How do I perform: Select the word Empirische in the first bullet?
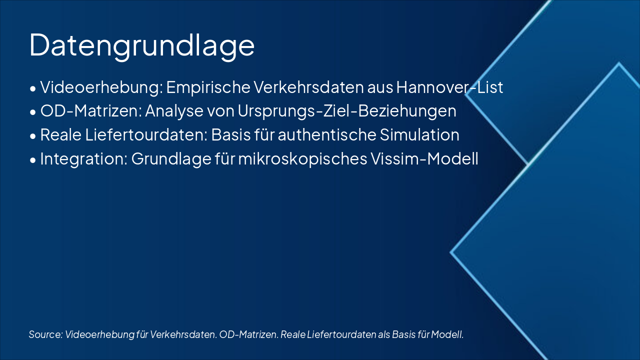click(208, 87)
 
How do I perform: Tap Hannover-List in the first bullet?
click(449, 87)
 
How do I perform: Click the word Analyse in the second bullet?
click(174, 111)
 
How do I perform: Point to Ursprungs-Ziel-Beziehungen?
click(347, 111)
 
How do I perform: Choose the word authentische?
click(326, 135)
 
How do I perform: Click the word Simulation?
click(419, 135)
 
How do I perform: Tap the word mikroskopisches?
click(302, 159)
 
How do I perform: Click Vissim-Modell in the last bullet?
click(424, 158)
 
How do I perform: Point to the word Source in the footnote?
click(45, 334)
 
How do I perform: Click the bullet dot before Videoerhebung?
click(33, 89)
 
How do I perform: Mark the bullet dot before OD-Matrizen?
click(33, 112)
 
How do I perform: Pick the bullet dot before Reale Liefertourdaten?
click(33, 136)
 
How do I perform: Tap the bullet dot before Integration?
click(33, 160)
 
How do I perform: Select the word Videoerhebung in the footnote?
click(99, 334)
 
